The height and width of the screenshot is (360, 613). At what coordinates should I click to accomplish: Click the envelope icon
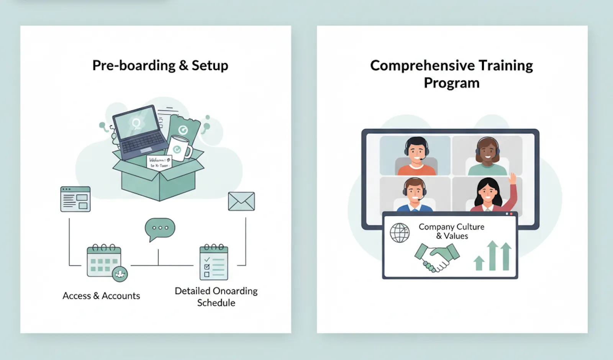(x=241, y=201)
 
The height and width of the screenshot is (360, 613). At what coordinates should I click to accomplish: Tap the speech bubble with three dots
(x=160, y=228)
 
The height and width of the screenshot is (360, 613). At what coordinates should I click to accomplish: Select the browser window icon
(x=75, y=199)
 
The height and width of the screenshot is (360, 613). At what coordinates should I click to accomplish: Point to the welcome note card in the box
(x=159, y=162)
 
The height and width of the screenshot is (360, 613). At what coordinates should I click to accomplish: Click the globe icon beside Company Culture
(x=400, y=232)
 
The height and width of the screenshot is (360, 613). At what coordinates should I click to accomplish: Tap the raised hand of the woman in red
(x=512, y=178)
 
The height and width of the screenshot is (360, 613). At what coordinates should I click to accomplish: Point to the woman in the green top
(x=487, y=157)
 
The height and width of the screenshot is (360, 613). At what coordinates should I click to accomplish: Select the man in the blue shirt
(x=415, y=195)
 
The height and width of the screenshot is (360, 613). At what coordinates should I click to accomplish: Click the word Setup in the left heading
(x=210, y=65)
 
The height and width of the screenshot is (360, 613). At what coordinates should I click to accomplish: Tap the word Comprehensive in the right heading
(x=421, y=65)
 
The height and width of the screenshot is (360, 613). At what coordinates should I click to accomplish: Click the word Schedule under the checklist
(x=216, y=303)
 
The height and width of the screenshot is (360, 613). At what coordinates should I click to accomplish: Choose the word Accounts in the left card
(x=121, y=296)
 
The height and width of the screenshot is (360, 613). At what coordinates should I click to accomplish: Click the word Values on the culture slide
(x=456, y=236)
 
